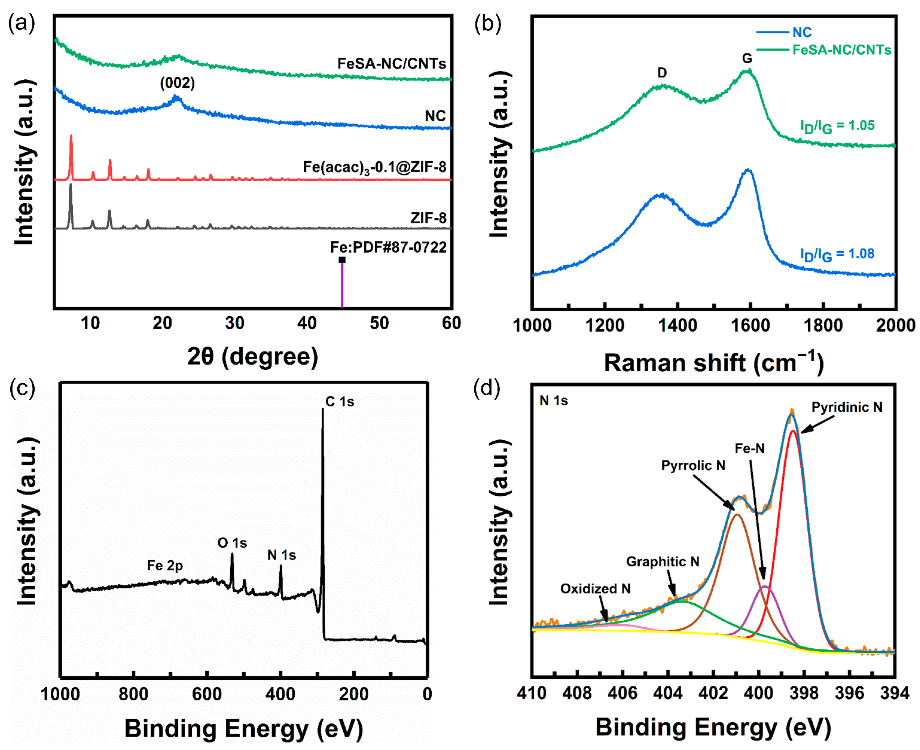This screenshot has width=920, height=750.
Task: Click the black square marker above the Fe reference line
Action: coord(342,260)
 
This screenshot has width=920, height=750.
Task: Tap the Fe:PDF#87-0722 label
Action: coord(388,247)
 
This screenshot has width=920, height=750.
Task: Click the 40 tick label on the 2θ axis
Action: coord(307,323)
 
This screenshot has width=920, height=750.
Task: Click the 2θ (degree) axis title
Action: coord(252,357)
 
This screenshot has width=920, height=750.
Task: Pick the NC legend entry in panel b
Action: coord(802,32)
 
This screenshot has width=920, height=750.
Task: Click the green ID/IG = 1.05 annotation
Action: coord(837,126)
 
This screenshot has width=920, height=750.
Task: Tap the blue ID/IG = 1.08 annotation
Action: coord(837,255)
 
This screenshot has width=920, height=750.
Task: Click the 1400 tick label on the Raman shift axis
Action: coord(677,325)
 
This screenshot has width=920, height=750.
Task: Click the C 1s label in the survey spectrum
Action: coord(339,402)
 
